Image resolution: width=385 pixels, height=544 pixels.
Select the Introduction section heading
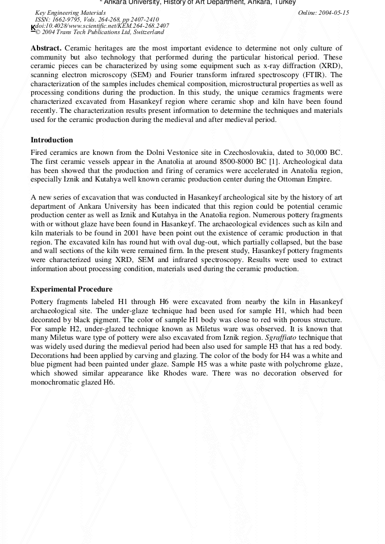coord(52,140)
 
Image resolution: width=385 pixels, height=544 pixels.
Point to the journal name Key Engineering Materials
coord(70,12)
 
